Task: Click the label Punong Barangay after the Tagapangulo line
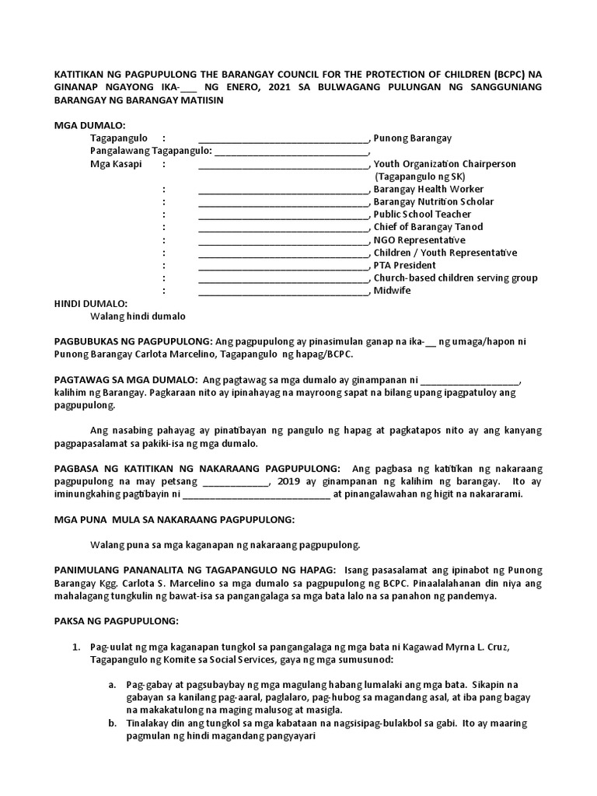(x=413, y=138)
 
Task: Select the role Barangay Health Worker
(x=428, y=189)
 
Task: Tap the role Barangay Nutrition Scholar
(x=433, y=202)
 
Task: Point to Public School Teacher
(x=422, y=215)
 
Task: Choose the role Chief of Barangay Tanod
(x=428, y=227)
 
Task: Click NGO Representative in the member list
(x=419, y=240)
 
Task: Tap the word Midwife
(x=393, y=291)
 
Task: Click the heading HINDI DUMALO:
(x=90, y=303)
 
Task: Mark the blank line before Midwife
(x=284, y=292)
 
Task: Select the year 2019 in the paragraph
(x=288, y=481)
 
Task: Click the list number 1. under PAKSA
(x=76, y=647)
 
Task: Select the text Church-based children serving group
(x=456, y=278)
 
